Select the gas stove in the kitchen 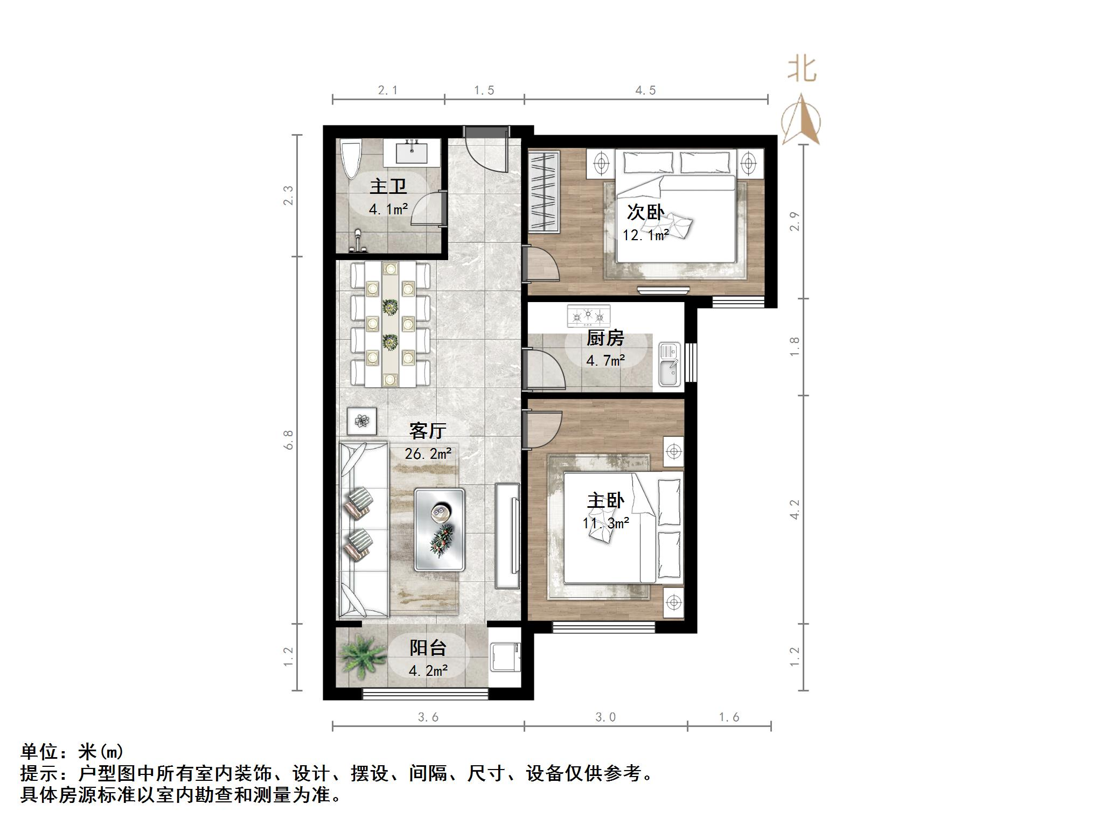pyautogui.click(x=589, y=316)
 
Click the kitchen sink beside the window pyautogui.click(x=670, y=365)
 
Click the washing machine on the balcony pyautogui.click(x=505, y=657)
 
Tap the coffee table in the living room pyautogui.click(x=440, y=529)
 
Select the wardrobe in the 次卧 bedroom pyautogui.click(x=543, y=192)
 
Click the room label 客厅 pyautogui.click(x=428, y=431)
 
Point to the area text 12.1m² pyautogui.click(x=645, y=235)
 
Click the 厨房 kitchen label pyautogui.click(x=605, y=338)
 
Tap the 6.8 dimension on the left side pyautogui.click(x=289, y=439)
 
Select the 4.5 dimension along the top pyautogui.click(x=645, y=90)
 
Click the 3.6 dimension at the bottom pyautogui.click(x=428, y=717)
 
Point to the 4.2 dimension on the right pyautogui.click(x=795, y=509)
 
